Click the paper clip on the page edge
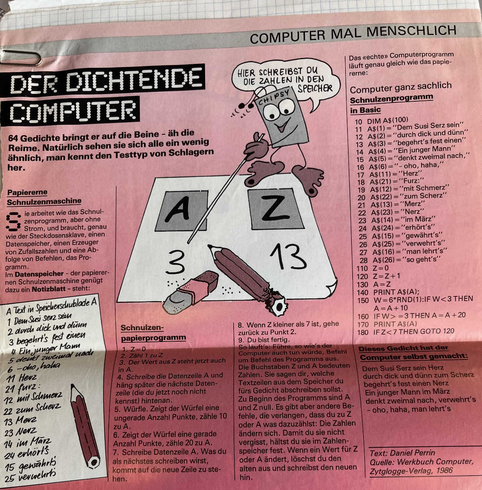point(21,58)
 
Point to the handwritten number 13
point(289,257)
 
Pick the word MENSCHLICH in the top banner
point(411,33)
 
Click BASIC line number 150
point(363,300)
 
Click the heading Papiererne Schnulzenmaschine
point(44,197)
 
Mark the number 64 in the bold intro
point(13,138)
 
